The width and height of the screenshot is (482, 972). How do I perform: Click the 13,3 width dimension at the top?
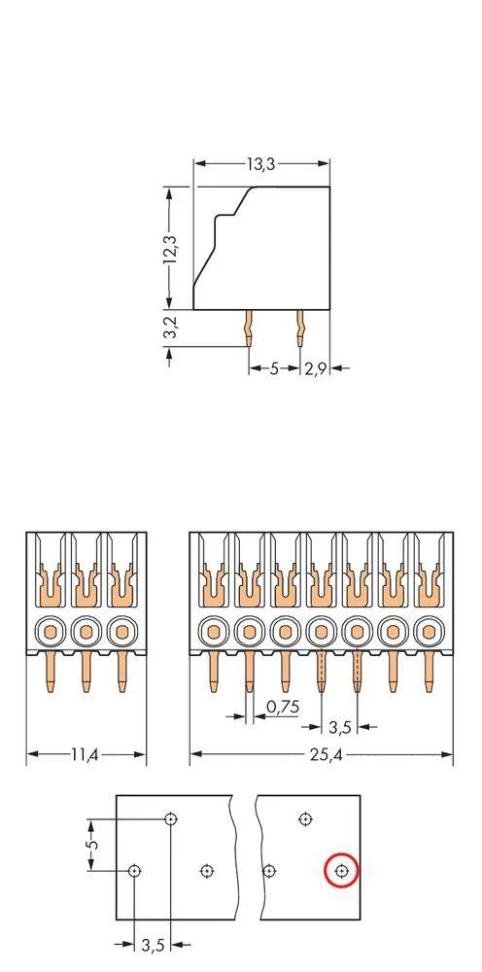click(260, 165)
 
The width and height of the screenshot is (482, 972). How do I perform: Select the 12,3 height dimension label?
click(171, 248)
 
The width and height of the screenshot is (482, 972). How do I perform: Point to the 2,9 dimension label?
click(315, 368)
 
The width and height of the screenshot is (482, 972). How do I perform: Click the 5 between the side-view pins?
click(274, 368)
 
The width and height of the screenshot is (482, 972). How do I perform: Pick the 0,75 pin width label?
click(282, 707)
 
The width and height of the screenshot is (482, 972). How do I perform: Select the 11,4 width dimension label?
click(86, 754)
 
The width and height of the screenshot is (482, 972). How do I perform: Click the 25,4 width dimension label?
click(321, 754)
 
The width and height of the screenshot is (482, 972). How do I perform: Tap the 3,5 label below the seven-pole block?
click(339, 726)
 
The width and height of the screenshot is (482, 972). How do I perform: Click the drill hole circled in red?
click(341, 871)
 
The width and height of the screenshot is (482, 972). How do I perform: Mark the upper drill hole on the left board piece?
click(171, 819)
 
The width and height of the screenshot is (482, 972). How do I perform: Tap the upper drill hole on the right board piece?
click(305, 819)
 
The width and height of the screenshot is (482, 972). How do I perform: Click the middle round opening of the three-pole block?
click(86, 633)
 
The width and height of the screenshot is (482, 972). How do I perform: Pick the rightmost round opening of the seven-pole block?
click(427, 633)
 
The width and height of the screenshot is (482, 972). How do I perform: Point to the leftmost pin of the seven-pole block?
click(214, 673)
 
